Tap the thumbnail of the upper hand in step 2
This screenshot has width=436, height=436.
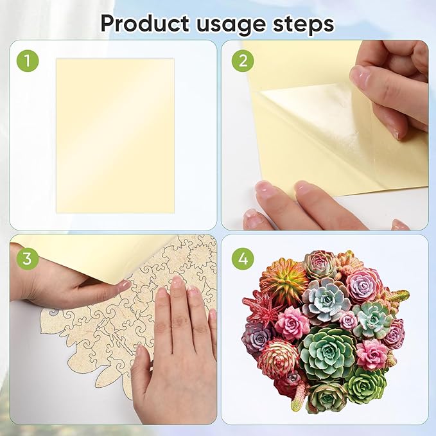[360, 76]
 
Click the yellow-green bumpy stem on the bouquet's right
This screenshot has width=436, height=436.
[398, 297]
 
